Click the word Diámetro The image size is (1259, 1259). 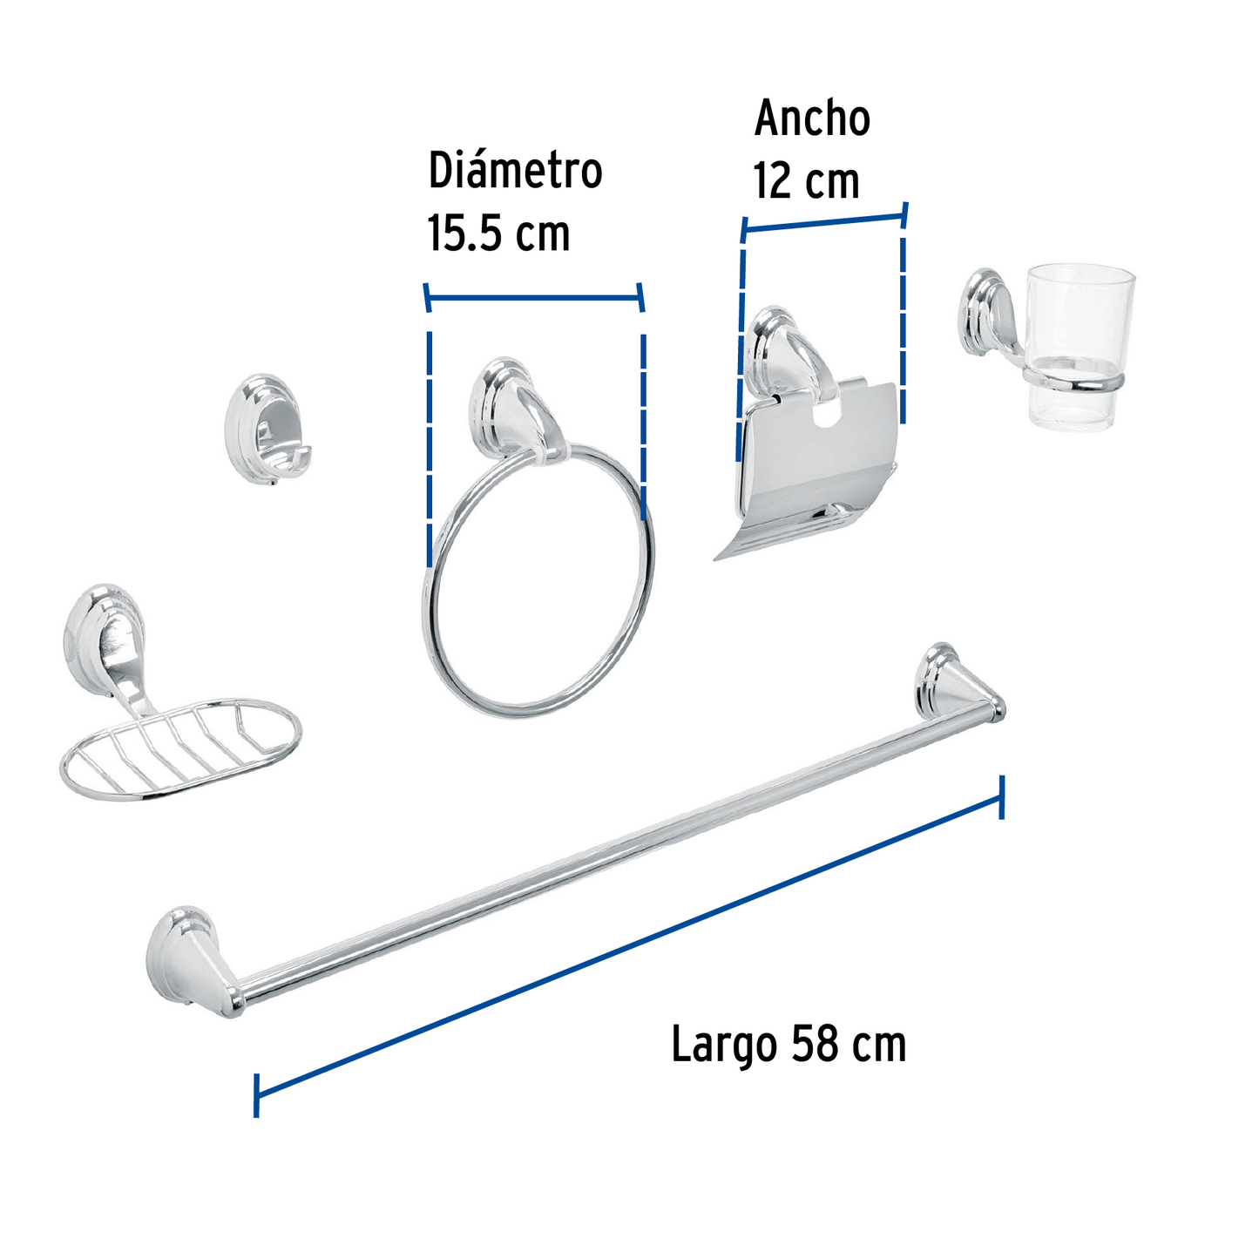pos(515,171)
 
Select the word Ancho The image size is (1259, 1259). pos(812,118)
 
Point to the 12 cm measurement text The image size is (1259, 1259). pos(806,181)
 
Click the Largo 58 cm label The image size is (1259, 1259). pos(789,1044)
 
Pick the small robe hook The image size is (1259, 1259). pos(267,429)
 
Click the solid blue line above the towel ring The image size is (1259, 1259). pos(533,298)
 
